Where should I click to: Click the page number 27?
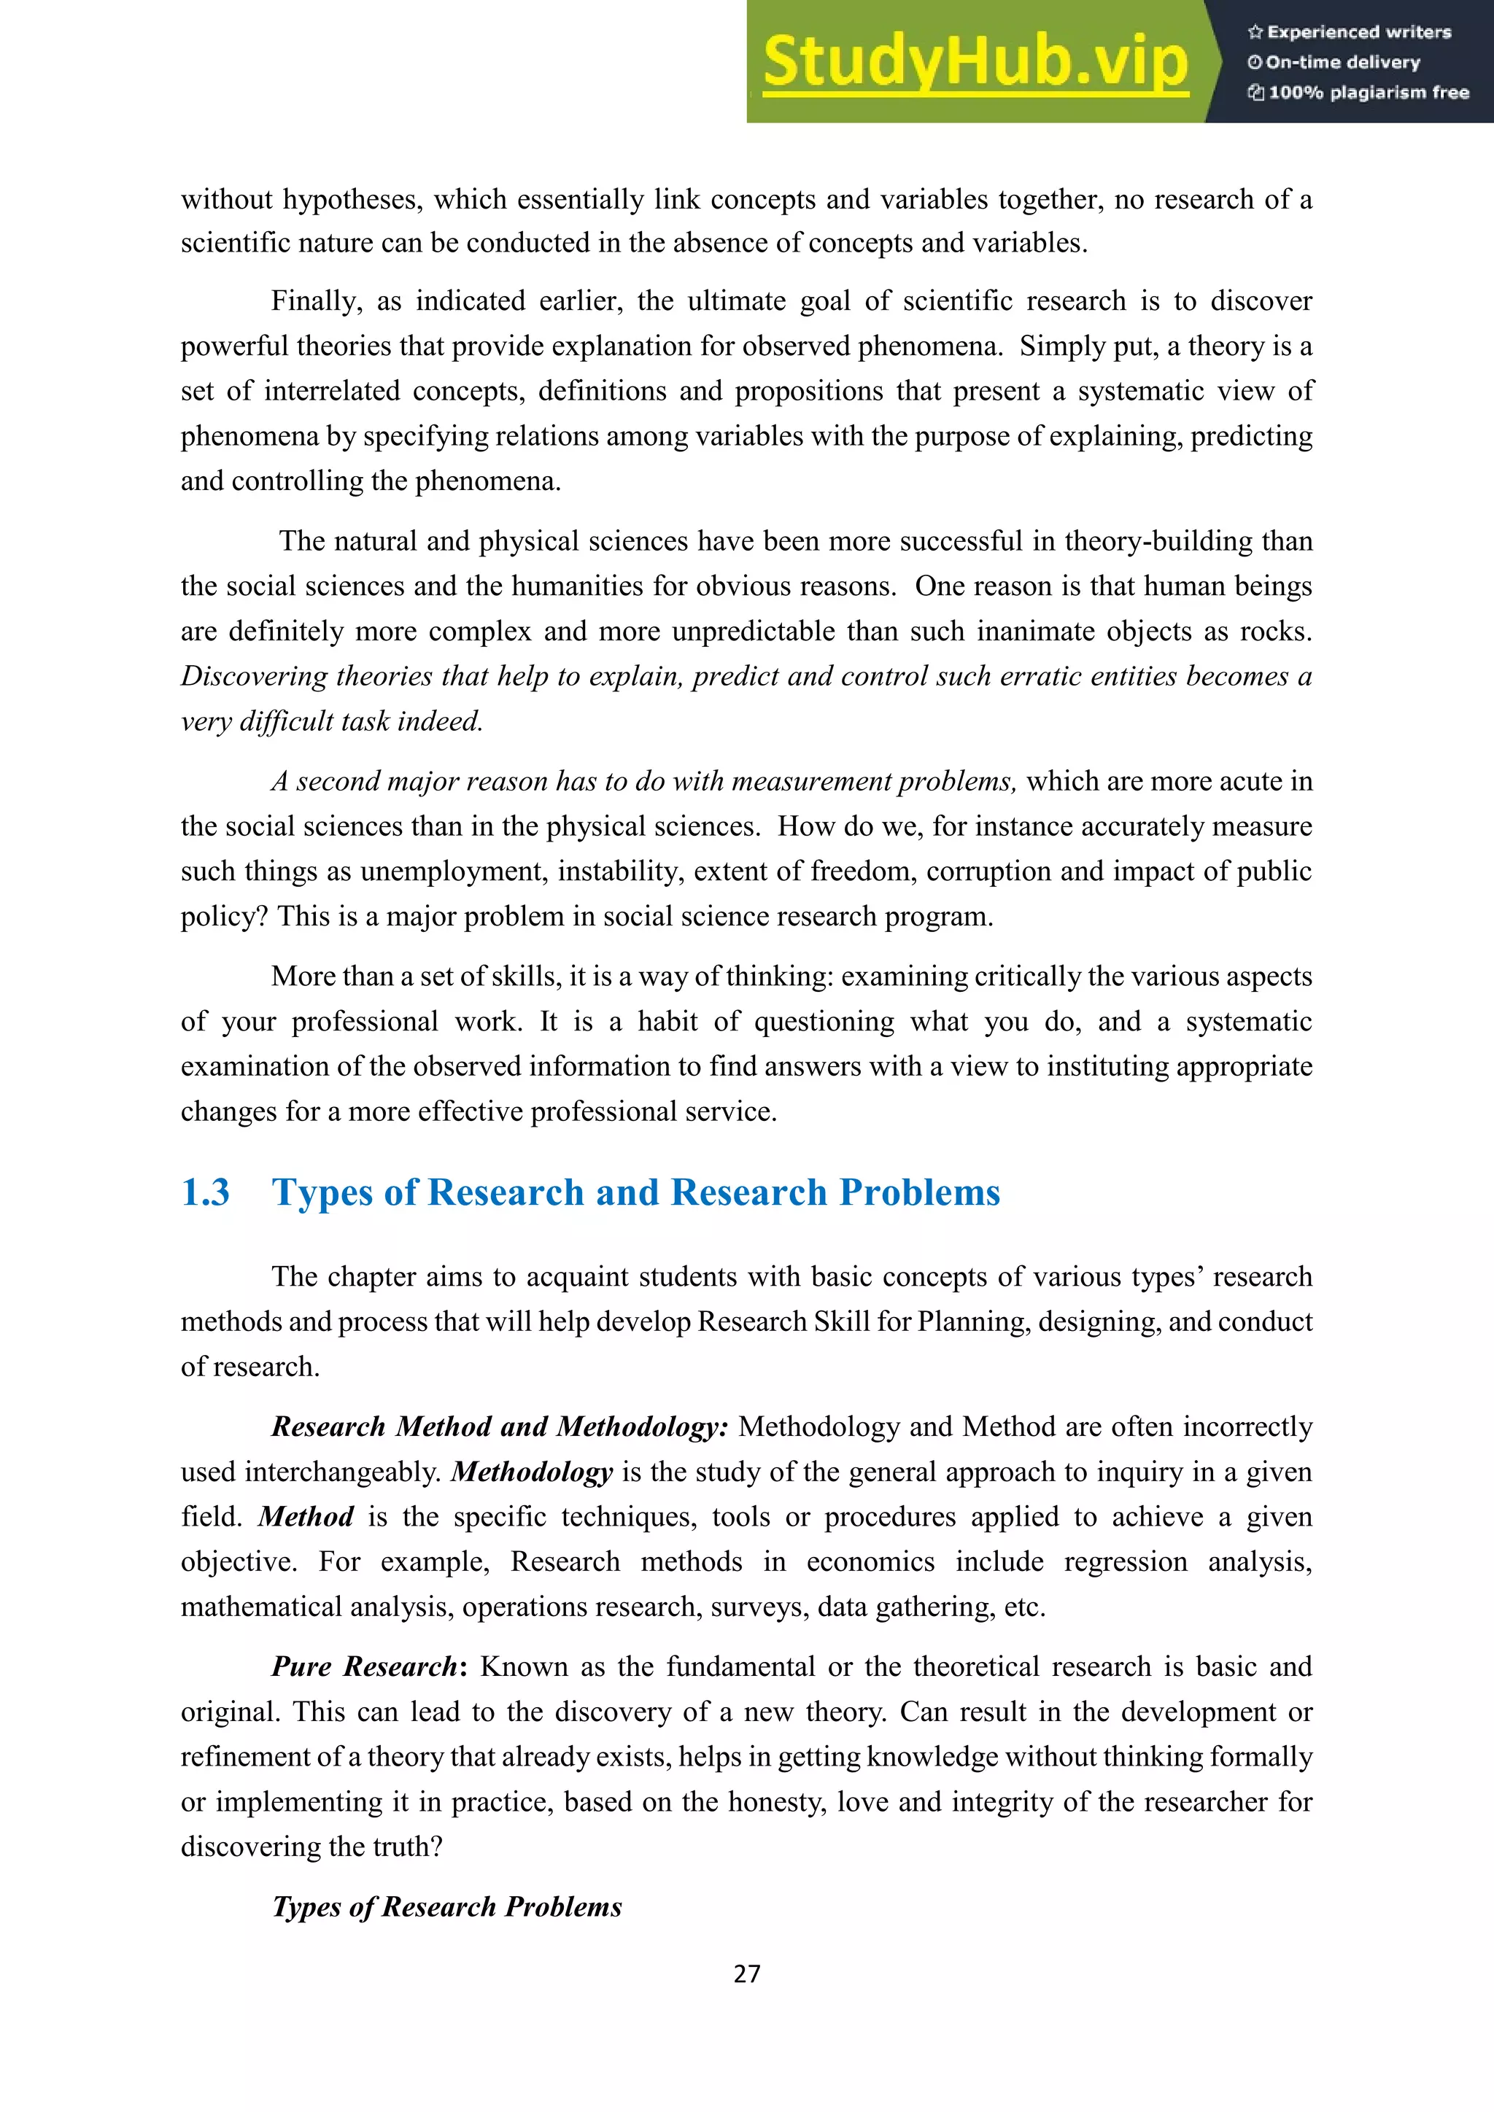(746, 1974)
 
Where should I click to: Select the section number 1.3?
(205, 1192)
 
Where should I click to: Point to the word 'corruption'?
(988, 871)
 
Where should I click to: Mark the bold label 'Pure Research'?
(364, 1667)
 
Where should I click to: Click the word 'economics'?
(870, 1562)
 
